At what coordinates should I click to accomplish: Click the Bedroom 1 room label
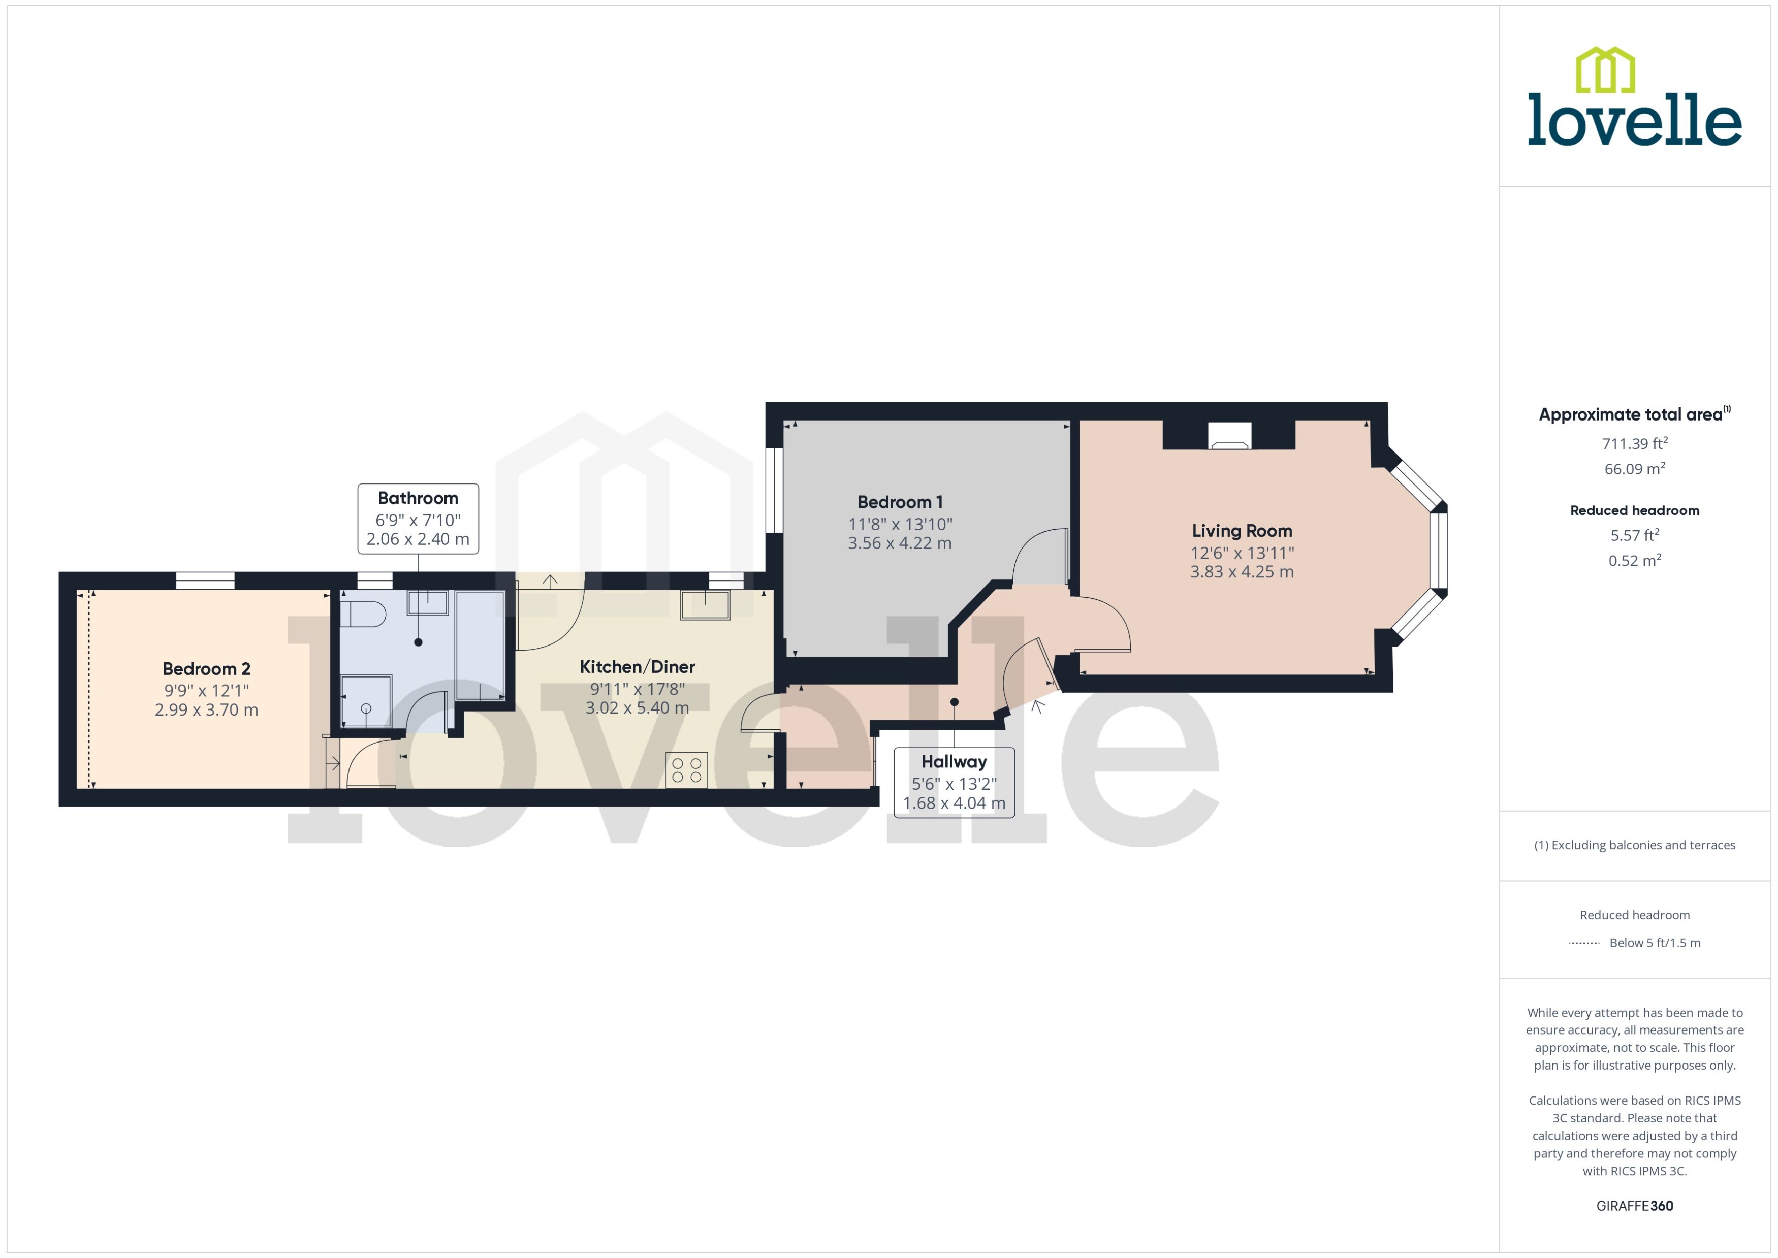[x=900, y=502]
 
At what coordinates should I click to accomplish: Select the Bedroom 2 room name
[x=206, y=668]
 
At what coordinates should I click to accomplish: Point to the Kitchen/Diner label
[x=637, y=666]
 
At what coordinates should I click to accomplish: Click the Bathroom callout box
[x=418, y=518]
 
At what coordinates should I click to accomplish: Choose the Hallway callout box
[x=954, y=782]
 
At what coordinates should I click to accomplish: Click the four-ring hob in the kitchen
[x=686, y=770]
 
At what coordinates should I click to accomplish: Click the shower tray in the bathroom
[x=366, y=701]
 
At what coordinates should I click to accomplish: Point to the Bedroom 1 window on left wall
[x=774, y=490]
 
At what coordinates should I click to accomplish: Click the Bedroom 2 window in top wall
[x=205, y=580]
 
